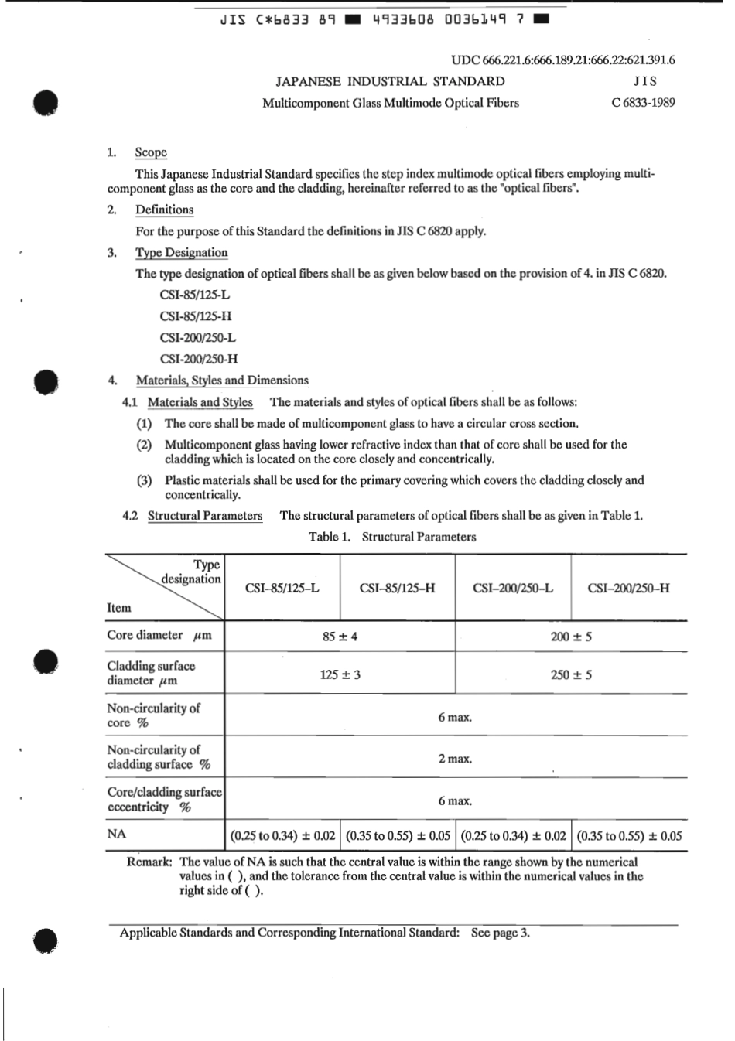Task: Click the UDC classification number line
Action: pos(562,60)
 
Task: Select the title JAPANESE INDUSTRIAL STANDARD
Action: pos(390,81)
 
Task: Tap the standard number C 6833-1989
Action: pos(642,102)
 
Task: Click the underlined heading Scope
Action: pos(151,152)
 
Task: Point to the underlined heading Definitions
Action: pos(164,210)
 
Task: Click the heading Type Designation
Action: pos(181,252)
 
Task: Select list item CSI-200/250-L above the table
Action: pos(198,337)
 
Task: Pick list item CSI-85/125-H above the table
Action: pos(196,316)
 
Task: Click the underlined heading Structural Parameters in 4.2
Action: pos(205,516)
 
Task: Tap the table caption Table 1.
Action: pos(392,537)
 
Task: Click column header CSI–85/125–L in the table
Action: pos(282,588)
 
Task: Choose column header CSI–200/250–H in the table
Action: pos(628,588)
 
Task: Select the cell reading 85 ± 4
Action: pos(340,637)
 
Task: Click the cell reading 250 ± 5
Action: pos(571,674)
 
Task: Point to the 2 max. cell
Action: pos(454,759)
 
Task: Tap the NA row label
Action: pos(117,835)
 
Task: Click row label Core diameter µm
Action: pos(159,635)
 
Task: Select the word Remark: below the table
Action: pos(149,862)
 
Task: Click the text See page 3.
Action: pos(501,933)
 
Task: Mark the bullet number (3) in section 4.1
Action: pos(144,480)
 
